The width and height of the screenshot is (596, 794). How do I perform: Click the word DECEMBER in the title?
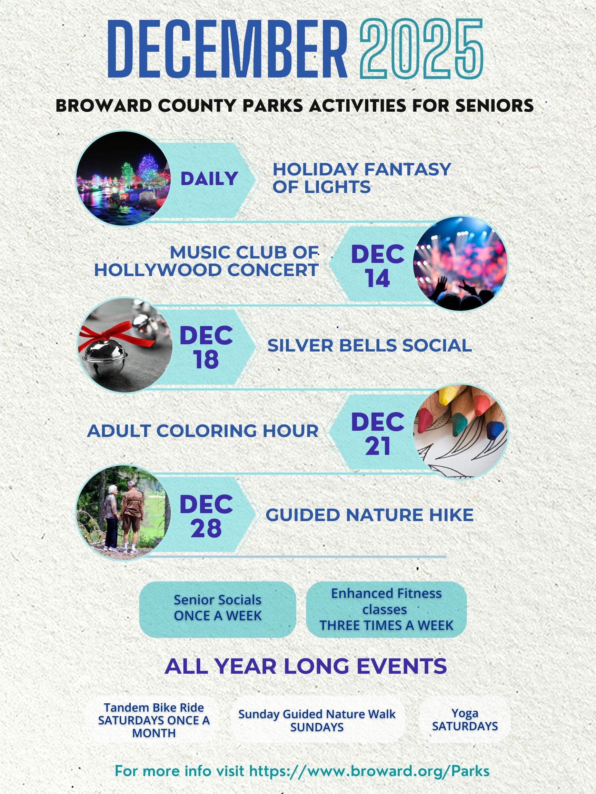pos(227,49)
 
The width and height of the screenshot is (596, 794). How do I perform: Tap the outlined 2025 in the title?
pos(421,49)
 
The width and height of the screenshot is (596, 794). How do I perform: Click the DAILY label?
pos(209,179)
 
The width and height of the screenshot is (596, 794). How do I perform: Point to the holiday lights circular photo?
pos(123,179)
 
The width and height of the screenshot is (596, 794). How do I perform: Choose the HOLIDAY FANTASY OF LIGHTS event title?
pos(361,178)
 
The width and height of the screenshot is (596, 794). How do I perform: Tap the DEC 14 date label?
pos(378,266)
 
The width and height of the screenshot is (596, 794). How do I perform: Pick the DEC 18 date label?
pos(206,347)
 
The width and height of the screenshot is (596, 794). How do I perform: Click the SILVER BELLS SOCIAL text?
pos(369,345)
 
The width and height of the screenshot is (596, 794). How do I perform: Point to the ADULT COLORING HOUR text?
pos(202,431)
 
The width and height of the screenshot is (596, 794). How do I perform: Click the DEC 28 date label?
pos(206,516)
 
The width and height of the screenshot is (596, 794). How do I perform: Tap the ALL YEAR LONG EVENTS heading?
pos(306,666)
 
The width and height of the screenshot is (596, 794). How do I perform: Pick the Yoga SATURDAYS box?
pos(465,720)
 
